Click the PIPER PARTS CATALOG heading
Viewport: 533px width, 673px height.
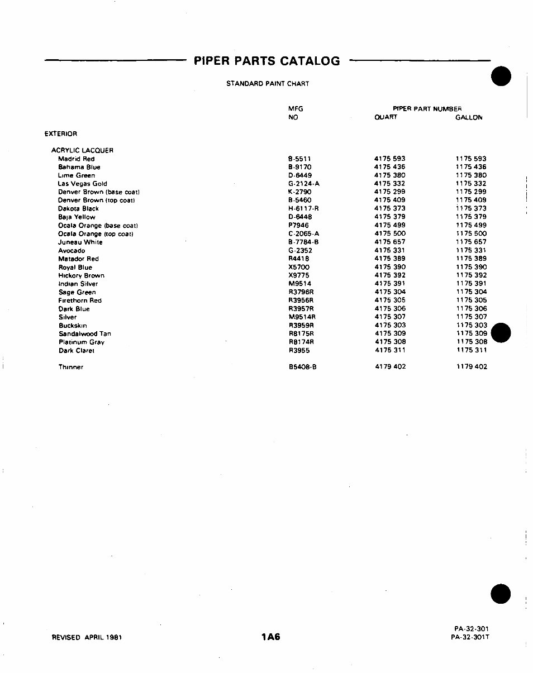click(x=267, y=61)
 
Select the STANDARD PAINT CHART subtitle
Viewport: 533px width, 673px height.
click(x=268, y=84)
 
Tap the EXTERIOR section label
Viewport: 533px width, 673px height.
click(x=61, y=133)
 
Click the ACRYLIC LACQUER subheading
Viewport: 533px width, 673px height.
click(x=82, y=150)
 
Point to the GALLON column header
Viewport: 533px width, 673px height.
click(x=469, y=118)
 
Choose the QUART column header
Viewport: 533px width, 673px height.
click(x=386, y=118)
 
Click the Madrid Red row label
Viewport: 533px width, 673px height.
click(x=77, y=159)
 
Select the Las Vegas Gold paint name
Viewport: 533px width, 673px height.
click(x=83, y=184)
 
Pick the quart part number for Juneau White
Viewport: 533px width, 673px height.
click(x=390, y=242)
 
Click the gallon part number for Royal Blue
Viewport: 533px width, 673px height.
click(x=471, y=267)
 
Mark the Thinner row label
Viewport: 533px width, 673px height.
click(x=71, y=367)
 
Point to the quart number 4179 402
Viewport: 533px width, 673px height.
click(x=390, y=367)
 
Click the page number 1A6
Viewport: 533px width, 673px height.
click(x=270, y=637)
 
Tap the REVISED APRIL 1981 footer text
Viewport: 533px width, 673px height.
click(x=87, y=637)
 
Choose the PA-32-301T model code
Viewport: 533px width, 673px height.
click(x=470, y=637)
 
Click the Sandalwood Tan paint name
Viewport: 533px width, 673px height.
click(x=85, y=333)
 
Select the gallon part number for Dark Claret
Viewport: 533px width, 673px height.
click(x=471, y=350)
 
